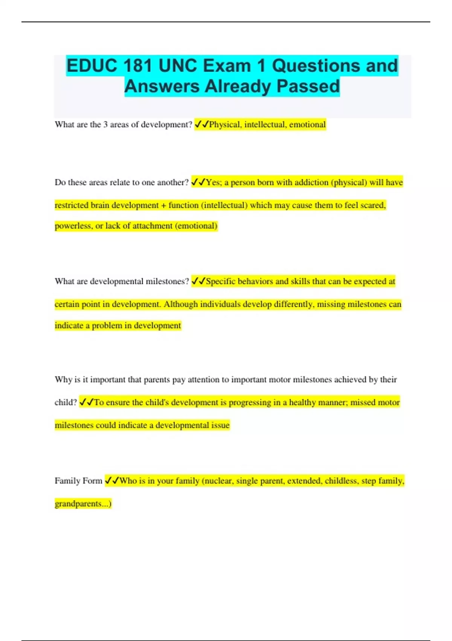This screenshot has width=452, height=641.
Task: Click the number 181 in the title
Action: (138, 66)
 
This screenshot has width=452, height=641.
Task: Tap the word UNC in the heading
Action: (178, 66)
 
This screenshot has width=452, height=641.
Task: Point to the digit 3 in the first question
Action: (105, 125)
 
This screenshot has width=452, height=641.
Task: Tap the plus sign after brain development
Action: (163, 205)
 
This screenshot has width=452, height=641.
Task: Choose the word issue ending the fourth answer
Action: (220, 425)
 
